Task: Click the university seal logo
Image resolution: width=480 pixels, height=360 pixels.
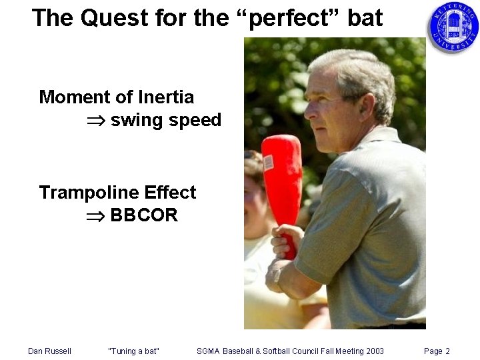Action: pyautogui.click(x=453, y=27)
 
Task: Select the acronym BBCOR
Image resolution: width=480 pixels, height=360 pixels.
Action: pyautogui.click(x=144, y=216)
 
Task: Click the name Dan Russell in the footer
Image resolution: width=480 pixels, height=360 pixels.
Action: pyautogui.click(x=49, y=351)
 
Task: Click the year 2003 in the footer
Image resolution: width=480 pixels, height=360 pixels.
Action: pyautogui.click(x=373, y=351)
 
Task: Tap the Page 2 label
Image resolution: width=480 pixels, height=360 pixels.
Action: pyautogui.click(x=437, y=351)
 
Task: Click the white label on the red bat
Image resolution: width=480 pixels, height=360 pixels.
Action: pyautogui.click(x=269, y=161)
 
